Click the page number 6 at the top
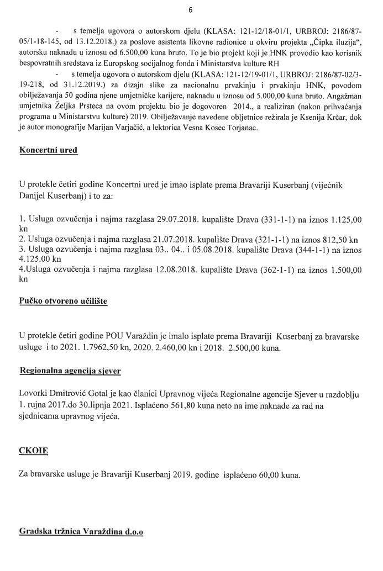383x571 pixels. coord(191,10)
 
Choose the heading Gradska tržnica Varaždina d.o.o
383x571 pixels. coord(81,532)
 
